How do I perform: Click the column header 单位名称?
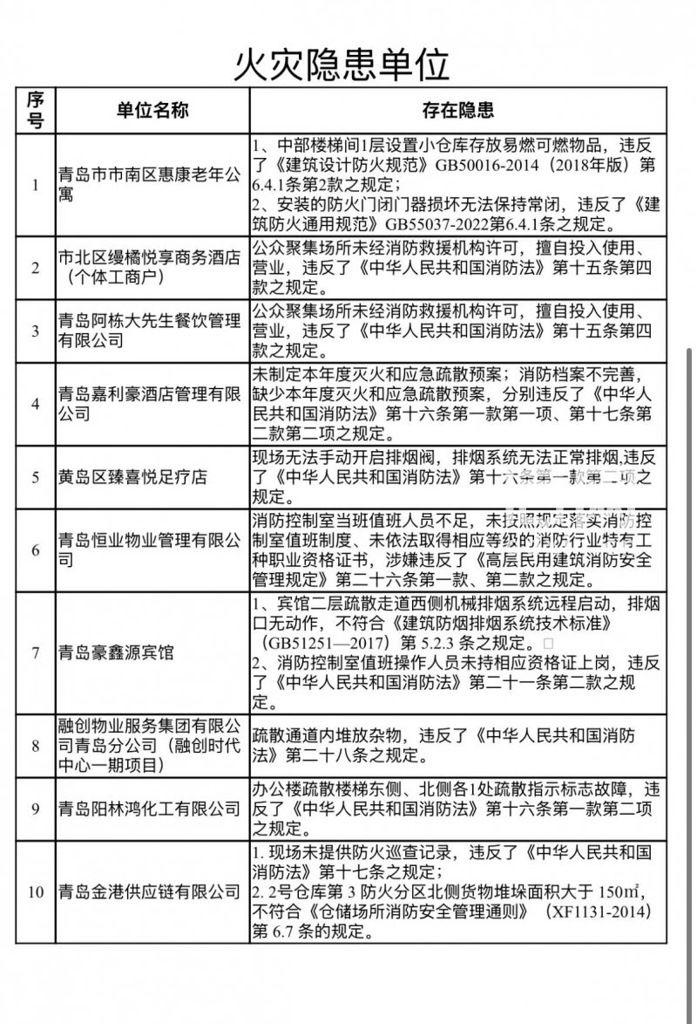point(152,110)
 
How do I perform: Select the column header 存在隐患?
point(458,110)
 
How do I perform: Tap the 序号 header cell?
point(36,110)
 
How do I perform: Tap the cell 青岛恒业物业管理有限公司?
point(147,550)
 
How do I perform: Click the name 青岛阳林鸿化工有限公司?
point(147,809)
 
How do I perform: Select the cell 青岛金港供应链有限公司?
point(147,891)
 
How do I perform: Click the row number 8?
point(36,745)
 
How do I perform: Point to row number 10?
point(36,891)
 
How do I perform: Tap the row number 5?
point(36,477)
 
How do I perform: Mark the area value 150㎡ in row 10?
point(619,891)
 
